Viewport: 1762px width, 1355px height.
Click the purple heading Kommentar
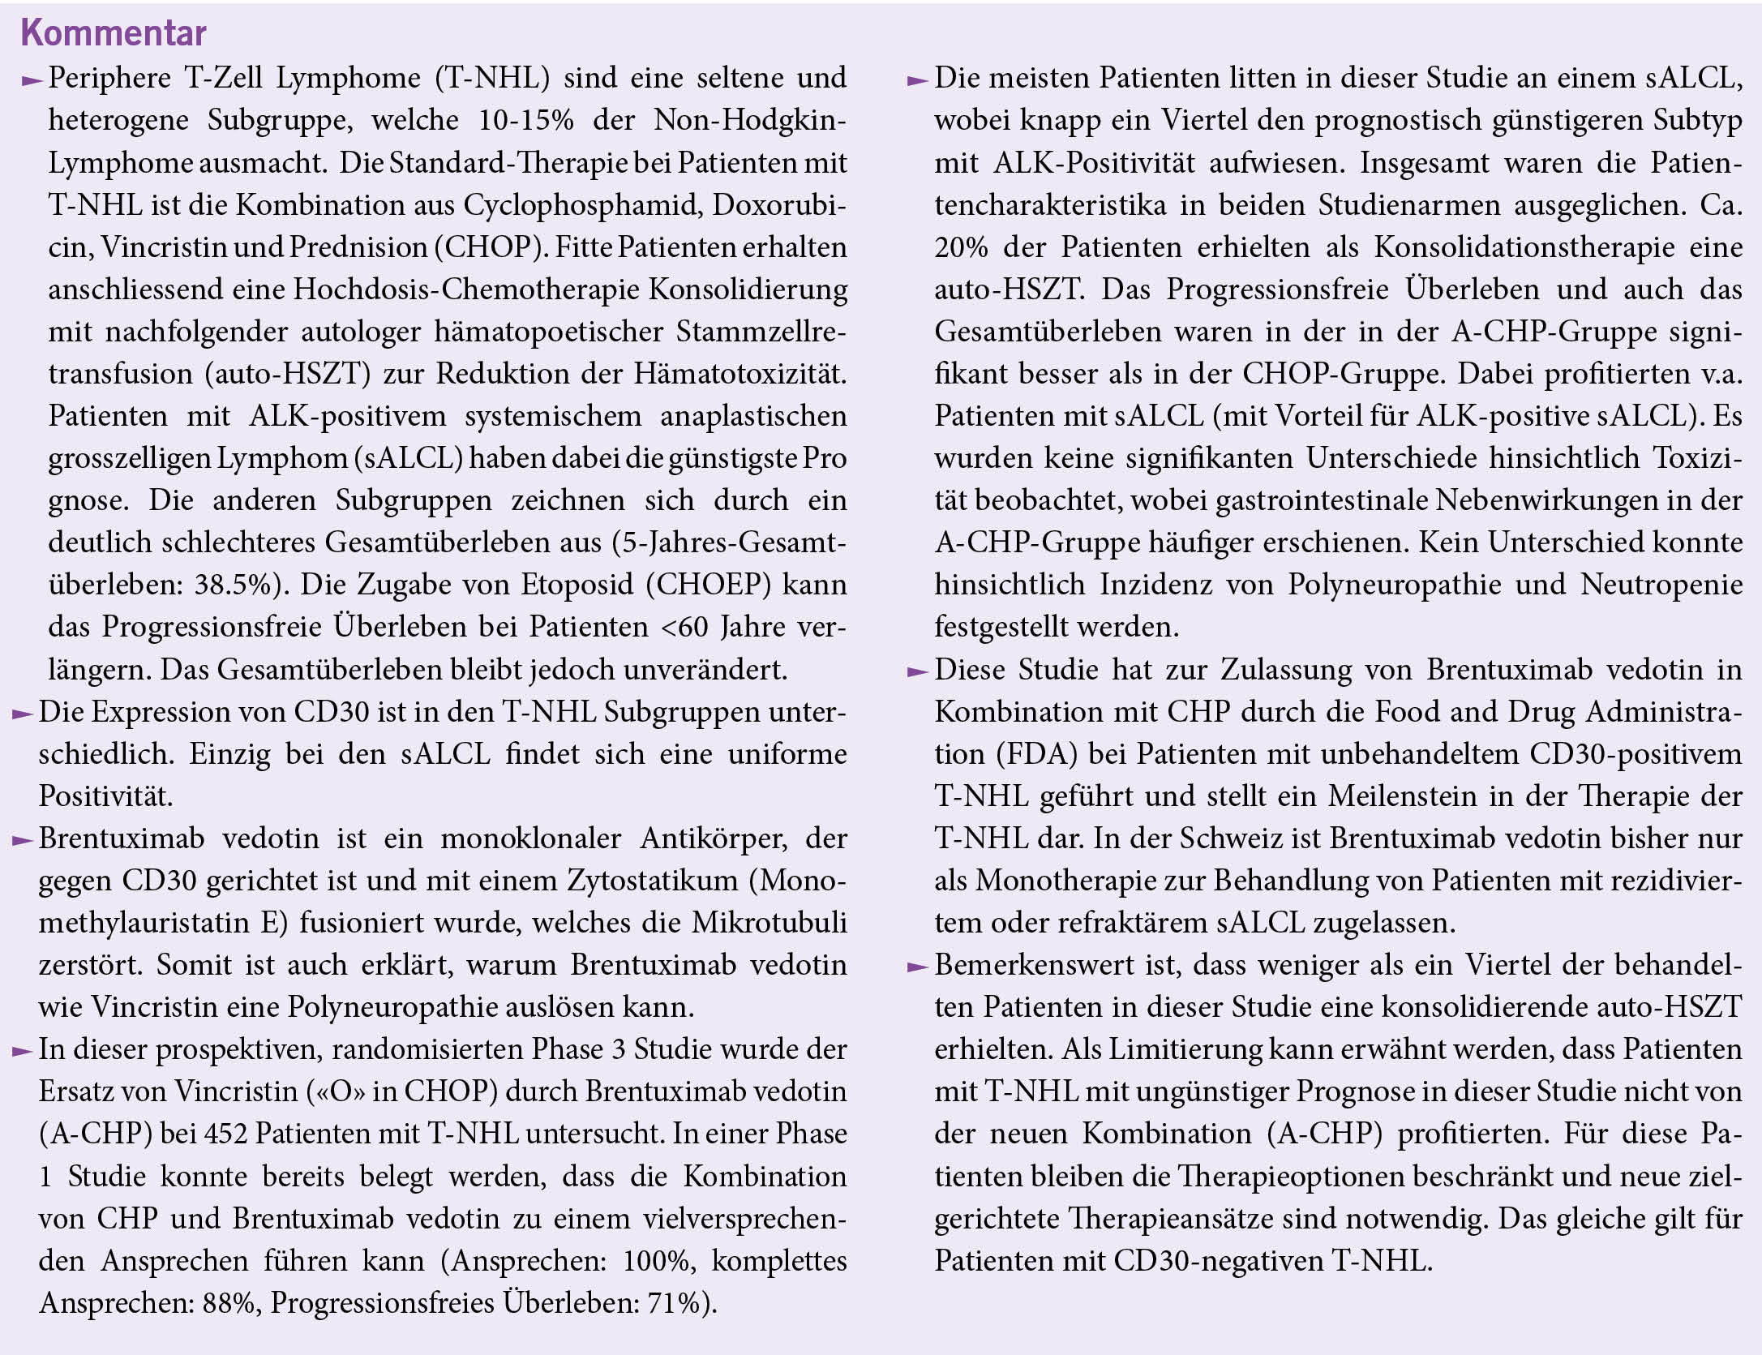point(114,32)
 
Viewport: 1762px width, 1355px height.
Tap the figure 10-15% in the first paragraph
point(525,120)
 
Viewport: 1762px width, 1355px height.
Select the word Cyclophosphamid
point(582,204)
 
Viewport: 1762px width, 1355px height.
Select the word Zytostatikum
point(652,881)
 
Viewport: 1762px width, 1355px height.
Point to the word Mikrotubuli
point(769,923)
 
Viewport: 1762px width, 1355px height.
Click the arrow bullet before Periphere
point(32,80)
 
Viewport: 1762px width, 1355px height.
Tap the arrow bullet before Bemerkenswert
point(917,967)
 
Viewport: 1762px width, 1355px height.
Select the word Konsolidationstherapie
point(1524,247)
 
